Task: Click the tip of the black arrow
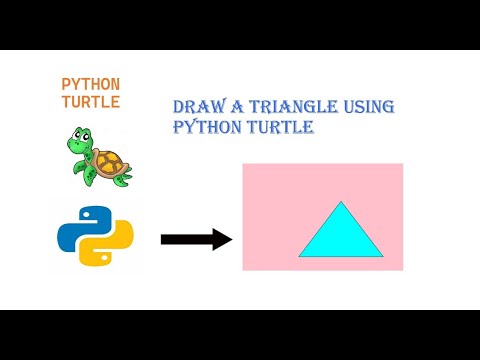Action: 231,239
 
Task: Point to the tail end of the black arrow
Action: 163,239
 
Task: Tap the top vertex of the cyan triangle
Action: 341,202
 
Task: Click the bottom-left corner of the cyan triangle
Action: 299,256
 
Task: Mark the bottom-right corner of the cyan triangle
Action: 383,256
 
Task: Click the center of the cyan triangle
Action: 341,238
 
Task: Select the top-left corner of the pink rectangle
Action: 243,164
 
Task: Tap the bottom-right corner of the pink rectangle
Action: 402,270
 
